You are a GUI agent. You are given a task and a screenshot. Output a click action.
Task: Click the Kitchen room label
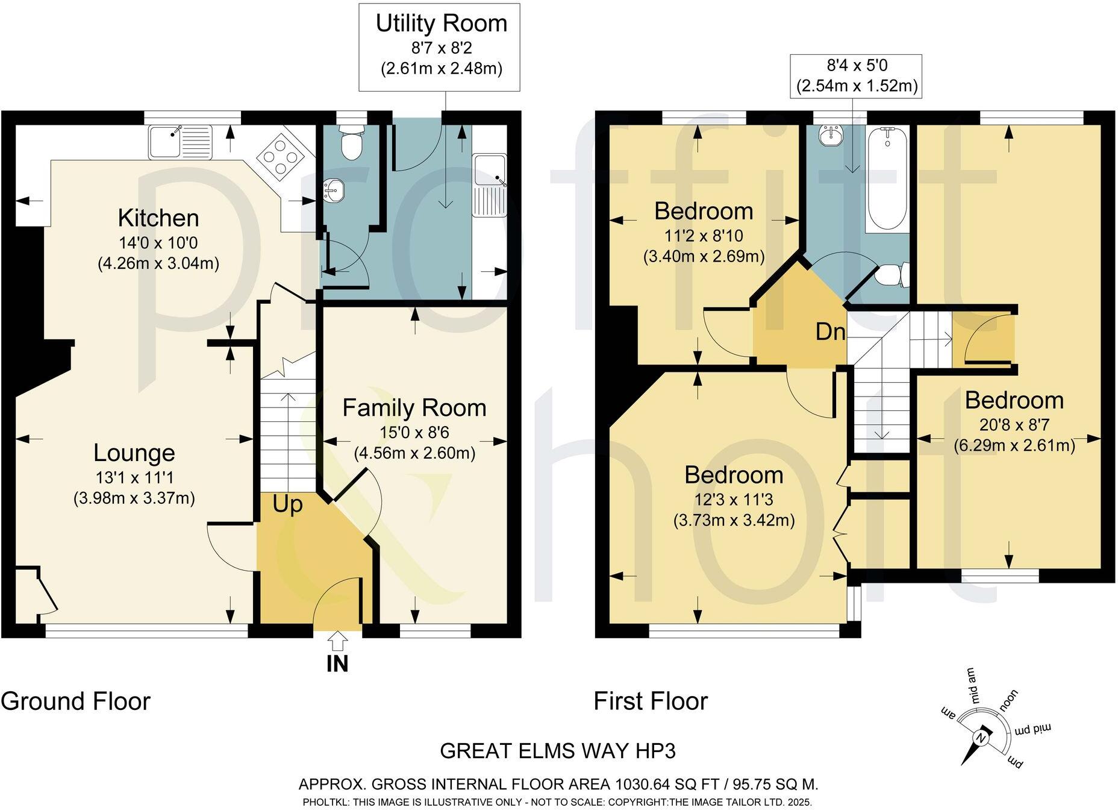(x=158, y=218)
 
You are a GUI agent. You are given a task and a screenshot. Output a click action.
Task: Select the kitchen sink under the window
(x=180, y=142)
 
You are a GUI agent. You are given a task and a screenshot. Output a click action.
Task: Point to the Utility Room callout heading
(x=441, y=24)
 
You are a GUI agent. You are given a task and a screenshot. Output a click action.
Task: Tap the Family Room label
(x=414, y=408)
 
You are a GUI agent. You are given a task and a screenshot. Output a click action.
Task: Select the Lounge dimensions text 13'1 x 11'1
(x=134, y=478)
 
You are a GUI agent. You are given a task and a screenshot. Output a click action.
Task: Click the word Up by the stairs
(x=287, y=504)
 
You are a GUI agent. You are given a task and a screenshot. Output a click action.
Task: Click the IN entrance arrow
(x=337, y=641)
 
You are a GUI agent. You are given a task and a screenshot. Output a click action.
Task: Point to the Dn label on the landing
(x=831, y=331)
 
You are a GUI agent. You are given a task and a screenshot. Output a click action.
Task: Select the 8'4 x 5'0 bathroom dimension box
(x=857, y=75)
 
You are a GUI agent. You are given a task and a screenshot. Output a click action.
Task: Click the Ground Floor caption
(x=75, y=702)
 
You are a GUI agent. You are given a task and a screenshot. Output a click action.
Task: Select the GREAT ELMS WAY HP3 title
(x=558, y=751)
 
